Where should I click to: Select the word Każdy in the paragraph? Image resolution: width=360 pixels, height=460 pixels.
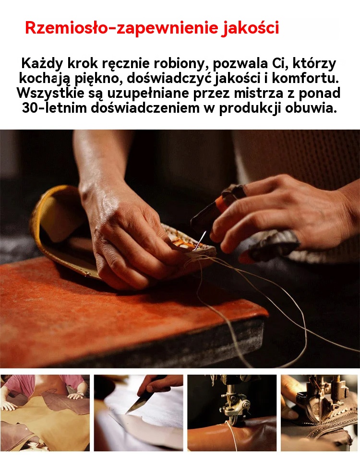tap(42, 64)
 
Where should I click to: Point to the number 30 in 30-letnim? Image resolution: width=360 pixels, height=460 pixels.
tap(30, 107)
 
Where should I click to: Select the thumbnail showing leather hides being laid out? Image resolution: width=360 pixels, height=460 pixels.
tap(45, 413)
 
